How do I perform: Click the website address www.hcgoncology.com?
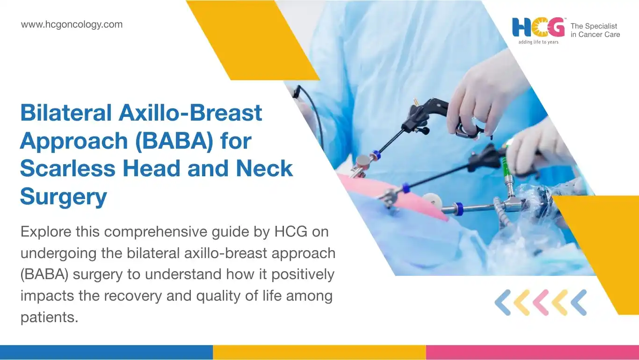pos(72,25)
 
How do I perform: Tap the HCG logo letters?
pos(538,28)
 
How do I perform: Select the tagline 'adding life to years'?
pos(538,42)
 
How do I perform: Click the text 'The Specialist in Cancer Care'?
pos(595,30)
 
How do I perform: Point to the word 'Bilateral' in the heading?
pos(66,113)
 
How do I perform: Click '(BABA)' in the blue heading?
pos(174,141)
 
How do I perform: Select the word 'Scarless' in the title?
pos(68,168)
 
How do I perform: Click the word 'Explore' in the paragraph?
pos(46,232)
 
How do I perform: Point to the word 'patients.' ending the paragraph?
pos(49,317)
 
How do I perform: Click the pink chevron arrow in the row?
pos(541,302)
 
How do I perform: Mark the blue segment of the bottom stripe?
pos(106,353)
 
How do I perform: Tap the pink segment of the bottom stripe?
pos(533,353)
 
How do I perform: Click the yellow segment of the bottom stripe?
pos(319,353)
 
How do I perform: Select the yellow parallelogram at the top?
pos(253,40)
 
